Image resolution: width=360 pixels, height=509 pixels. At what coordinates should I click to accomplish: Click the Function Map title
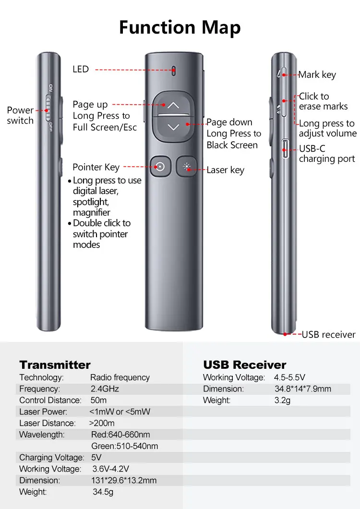click(180, 27)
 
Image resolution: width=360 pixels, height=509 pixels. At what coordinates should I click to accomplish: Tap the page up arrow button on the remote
click(173, 105)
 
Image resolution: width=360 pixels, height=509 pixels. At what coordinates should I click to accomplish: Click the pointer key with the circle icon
click(160, 167)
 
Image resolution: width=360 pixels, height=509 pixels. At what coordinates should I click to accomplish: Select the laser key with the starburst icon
click(187, 167)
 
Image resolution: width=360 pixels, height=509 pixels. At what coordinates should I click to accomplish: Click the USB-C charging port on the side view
click(285, 149)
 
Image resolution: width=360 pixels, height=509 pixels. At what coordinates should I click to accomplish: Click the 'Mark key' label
click(317, 74)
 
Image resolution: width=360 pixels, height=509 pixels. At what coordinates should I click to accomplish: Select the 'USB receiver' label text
click(328, 334)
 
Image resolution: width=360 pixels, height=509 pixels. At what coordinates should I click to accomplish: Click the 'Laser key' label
click(225, 170)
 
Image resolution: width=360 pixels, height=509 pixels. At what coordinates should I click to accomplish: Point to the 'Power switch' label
click(20, 115)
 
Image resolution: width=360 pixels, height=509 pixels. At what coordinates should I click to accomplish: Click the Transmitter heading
click(55, 364)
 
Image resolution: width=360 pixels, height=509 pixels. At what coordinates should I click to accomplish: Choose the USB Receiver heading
click(244, 364)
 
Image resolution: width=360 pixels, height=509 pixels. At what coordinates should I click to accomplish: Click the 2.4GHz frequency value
click(105, 389)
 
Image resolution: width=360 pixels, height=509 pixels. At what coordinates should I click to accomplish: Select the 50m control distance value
click(98, 400)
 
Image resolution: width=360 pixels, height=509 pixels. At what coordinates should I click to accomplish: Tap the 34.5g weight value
click(103, 492)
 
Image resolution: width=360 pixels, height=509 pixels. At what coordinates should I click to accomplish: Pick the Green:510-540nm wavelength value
click(124, 446)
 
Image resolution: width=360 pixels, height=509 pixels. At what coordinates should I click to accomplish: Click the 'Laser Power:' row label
click(43, 412)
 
